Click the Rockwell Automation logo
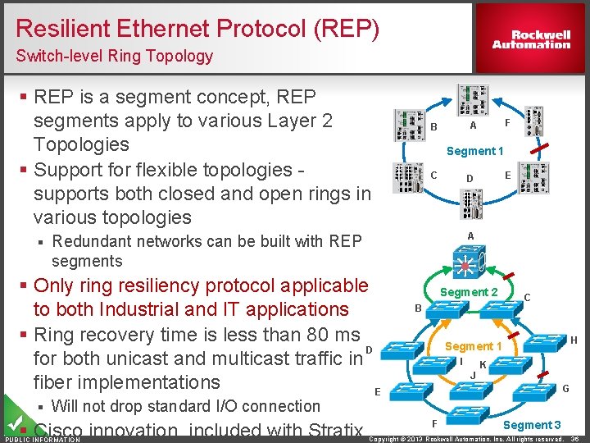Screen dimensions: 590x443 click(x=531, y=39)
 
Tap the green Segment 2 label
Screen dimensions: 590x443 click(x=469, y=292)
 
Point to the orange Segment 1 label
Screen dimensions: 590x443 click(x=469, y=346)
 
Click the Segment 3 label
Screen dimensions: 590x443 click(x=532, y=424)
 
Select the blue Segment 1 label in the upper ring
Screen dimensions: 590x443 click(x=474, y=151)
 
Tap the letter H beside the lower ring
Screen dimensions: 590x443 click(x=574, y=340)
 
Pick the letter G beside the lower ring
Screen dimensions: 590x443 click(x=565, y=387)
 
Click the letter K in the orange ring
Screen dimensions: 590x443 click(x=483, y=363)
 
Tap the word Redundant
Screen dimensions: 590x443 click(x=93, y=241)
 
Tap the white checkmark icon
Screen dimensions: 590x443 click(x=14, y=422)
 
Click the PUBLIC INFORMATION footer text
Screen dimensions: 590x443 click(x=42, y=440)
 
